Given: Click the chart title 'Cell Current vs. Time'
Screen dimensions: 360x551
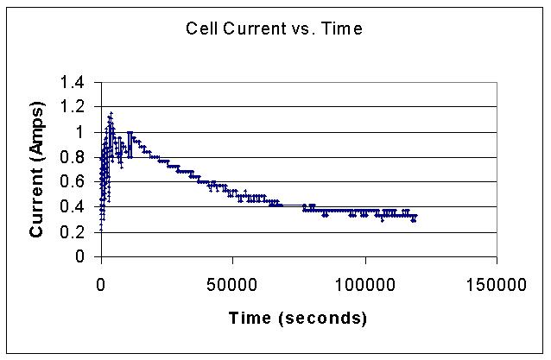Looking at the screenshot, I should (275, 28).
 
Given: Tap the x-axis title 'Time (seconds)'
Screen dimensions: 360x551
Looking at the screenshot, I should (297, 319).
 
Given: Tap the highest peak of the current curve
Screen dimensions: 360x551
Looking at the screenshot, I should (111, 113).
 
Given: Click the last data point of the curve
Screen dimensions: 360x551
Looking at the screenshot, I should (415, 216).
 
